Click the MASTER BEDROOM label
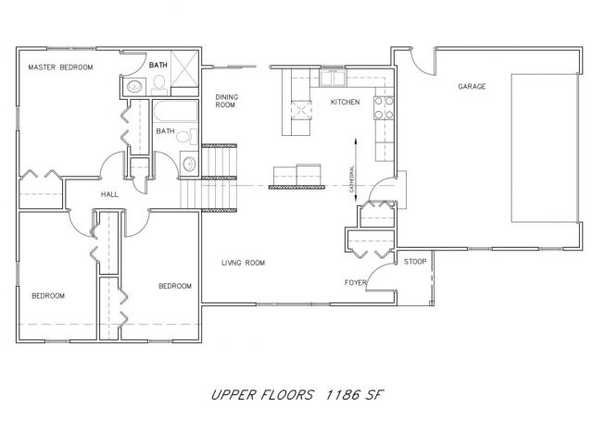click(60, 68)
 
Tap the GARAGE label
click(472, 86)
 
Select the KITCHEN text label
click(345, 102)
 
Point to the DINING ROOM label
click(226, 101)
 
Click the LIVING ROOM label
click(243, 263)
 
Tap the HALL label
click(109, 194)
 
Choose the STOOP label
click(415, 262)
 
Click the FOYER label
click(356, 282)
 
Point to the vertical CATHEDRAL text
click(352, 179)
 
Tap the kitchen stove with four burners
click(384, 108)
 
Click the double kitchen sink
click(333, 78)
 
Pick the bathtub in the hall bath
click(175, 111)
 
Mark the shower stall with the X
click(184, 68)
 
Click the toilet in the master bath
click(159, 86)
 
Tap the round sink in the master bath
click(134, 86)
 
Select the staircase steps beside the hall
click(208, 178)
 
